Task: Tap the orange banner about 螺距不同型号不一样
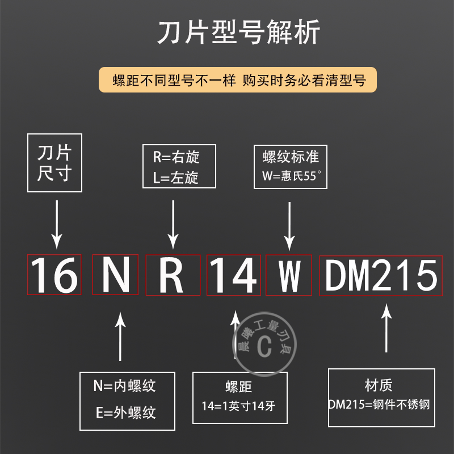click(x=237, y=80)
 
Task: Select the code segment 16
click(x=54, y=276)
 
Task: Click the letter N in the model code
click(x=115, y=276)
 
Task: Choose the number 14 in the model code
click(x=233, y=276)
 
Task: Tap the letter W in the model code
click(x=289, y=276)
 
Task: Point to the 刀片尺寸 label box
click(x=54, y=163)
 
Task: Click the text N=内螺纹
click(x=125, y=386)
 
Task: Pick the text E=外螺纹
click(x=125, y=411)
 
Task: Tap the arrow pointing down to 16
click(x=56, y=224)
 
